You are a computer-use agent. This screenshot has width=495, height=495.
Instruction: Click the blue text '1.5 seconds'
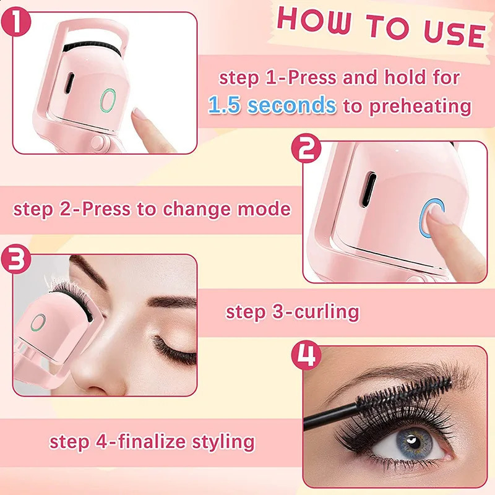tap(272, 105)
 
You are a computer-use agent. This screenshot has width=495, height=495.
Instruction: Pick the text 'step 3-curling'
tap(292, 311)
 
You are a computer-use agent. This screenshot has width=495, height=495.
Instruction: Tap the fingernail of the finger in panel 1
tap(141, 114)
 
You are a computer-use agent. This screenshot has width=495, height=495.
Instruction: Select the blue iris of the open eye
tap(413, 444)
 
